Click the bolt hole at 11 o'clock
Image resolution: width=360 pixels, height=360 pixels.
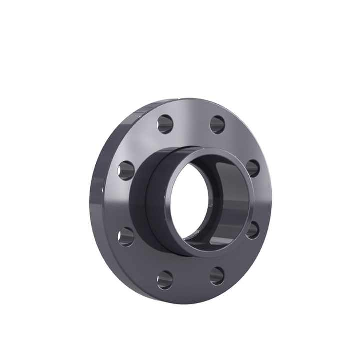[x=165, y=124]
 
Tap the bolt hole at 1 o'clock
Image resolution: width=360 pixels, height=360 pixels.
[x=217, y=124]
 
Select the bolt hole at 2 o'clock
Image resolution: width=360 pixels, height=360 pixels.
[x=253, y=168]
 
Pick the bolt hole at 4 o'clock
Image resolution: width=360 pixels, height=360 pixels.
[x=252, y=230]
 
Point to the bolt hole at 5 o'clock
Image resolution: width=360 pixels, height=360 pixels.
[x=217, y=275]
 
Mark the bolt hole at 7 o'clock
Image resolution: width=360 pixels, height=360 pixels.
[x=165, y=279]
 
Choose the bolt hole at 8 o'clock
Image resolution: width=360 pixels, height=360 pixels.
[x=126, y=236]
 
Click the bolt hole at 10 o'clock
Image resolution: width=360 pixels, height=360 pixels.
[x=126, y=170]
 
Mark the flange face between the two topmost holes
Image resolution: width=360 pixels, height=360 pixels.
[x=191, y=120]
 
